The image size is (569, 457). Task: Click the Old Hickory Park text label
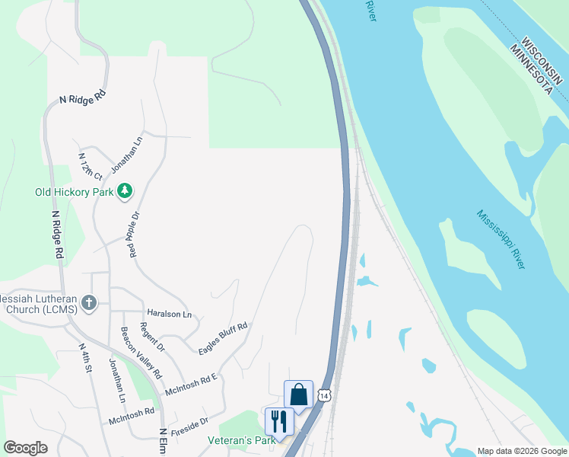[74, 192]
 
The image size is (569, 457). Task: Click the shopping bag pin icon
[298, 395]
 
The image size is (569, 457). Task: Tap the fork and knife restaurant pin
[278, 420]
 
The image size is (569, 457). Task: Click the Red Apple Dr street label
[135, 234]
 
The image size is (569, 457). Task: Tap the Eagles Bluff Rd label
[223, 339]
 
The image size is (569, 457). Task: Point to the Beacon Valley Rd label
[141, 353]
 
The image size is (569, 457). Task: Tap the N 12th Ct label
[90, 165]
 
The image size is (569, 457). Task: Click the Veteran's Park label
[242, 440]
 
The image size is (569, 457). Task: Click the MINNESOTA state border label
[532, 69]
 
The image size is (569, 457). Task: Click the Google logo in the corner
[26, 448]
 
